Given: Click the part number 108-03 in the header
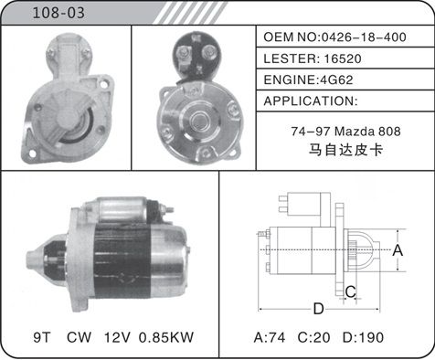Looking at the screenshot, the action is click(x=58, y=13).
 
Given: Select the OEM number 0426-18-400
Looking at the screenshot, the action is click(x=364, y=37).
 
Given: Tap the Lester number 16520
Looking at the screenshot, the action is click(x=343, y=58).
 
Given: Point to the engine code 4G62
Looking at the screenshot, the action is click(x=335, y=79).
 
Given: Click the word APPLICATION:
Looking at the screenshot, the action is click(x=311, y=101).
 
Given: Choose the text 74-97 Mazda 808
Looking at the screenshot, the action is click(x=345, y=132).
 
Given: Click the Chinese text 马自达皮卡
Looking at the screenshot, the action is click(x=345, y=150).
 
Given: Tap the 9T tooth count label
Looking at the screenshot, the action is click(x=42, y=337).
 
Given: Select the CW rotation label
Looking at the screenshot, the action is click(x=79, y=337).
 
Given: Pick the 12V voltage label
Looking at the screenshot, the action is click(x=117, y=337).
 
